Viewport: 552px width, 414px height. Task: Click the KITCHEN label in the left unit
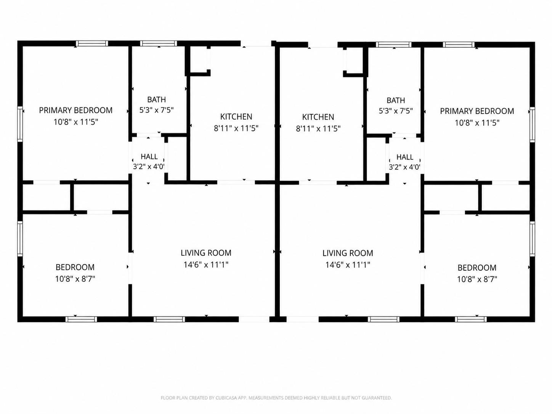[236, 117]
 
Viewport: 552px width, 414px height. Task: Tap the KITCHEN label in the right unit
[318, 117]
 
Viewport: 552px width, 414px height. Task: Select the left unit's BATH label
[156, 99]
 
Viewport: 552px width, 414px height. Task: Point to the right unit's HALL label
[404, 157]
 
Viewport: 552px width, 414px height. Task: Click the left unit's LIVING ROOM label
[206, 253]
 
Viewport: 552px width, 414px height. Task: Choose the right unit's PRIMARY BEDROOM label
[477, 111]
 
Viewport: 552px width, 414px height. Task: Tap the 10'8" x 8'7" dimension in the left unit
[75, 279]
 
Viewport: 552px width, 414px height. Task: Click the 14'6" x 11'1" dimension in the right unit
[348, 265]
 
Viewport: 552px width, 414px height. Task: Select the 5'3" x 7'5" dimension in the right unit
[396, 111]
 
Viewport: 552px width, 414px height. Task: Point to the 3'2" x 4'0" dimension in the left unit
[149, 167]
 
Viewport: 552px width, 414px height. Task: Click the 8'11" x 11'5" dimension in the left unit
[236, 128]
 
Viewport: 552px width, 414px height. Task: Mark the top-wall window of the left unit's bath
[159, 43]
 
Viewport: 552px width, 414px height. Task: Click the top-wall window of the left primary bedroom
[92, 43]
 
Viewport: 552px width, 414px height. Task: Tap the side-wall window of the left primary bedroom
[20, 124]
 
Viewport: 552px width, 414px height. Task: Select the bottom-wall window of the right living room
[384, 319]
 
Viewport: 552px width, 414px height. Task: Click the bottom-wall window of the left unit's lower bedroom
[81, 319]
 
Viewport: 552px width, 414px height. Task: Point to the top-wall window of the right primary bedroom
[459, 45]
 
